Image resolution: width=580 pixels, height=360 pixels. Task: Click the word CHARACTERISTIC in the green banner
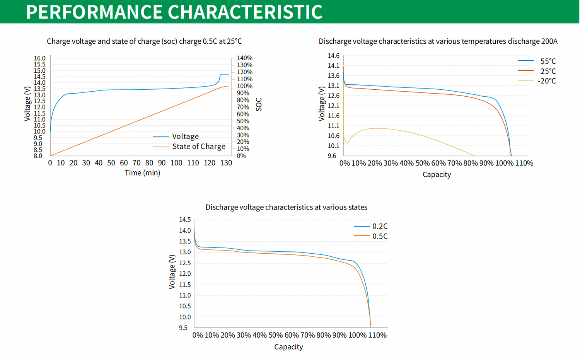tap(245, 12)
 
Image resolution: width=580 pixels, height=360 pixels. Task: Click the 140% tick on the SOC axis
tap(244, 58)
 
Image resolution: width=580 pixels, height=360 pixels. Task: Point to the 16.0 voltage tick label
tap(39, 58)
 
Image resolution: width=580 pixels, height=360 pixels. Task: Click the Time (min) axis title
tap(142, 173)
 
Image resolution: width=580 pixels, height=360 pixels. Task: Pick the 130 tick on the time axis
tap(226, 163)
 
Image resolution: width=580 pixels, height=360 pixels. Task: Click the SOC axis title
tap(259, 104)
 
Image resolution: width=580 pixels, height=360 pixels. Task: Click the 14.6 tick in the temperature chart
tap(333, 56)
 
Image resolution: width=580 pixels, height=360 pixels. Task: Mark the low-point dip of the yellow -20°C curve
tap(347, 143)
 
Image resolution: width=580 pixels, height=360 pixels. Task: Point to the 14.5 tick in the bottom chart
tap(185, 220)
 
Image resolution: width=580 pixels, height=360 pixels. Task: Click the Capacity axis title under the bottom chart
tap(288, 347)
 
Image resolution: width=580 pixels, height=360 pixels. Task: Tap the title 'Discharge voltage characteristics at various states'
tap(286, 207)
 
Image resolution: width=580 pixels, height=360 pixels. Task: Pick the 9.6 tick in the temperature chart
tap(332, 156)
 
